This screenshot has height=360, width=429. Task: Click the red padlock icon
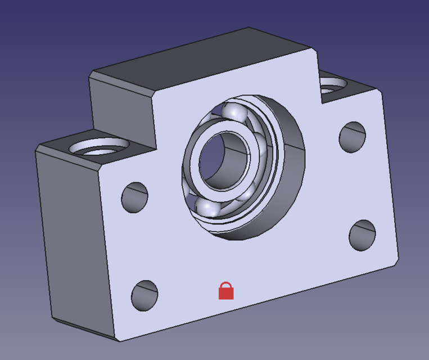(x=225, y=291)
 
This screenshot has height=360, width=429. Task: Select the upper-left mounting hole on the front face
(x=135, y=197)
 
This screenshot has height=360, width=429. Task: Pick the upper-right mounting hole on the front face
(x=353, y=136)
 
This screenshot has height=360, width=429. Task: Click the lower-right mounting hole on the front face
(x=362, y=236)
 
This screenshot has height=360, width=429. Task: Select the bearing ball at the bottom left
(x=207, y=207)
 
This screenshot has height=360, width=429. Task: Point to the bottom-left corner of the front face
(x=119, y=340)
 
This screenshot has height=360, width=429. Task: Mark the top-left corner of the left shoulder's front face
(x=99, y=168)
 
